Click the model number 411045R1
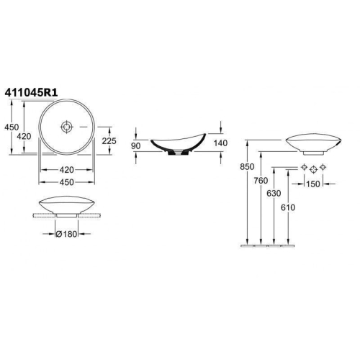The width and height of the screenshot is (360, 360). (x=31, y=93)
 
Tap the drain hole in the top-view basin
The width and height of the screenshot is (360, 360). (x=66, y=127)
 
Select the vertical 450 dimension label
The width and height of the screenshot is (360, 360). (x=12, y=127)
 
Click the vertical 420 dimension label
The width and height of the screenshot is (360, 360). (x=24, y=136)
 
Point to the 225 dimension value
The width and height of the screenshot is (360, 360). (x=109, y=141)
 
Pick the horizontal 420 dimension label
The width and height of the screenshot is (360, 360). (x=66, y=170)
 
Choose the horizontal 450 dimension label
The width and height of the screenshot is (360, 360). (x=66, y=182)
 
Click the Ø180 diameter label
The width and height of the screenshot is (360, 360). (x=66, y=234)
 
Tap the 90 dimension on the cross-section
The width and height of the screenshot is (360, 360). (x=135, y=145)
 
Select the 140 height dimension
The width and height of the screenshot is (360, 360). (x=220, y=143)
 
